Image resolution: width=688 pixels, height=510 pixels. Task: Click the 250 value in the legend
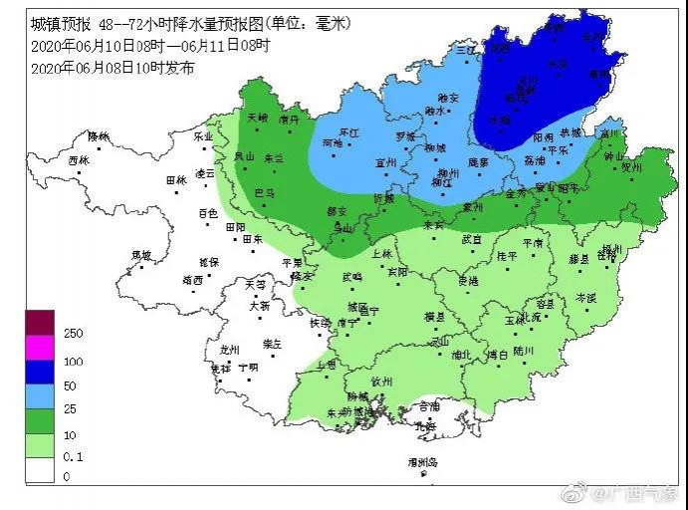(72, 333)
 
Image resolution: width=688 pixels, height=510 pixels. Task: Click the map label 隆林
(97, 135)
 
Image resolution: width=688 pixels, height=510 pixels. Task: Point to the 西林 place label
(78, 160)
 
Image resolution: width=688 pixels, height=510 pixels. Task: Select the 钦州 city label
(382, 380)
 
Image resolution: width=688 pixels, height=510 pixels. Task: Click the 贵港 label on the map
(467, 281)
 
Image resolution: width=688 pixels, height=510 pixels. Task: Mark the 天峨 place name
(257, 118)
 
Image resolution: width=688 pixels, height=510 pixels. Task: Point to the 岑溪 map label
(586, 297)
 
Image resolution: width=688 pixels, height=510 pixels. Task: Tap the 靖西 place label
(192, 280)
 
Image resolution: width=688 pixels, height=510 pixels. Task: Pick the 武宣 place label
(471, 239)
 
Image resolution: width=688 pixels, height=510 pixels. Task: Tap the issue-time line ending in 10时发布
(112, 67)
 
